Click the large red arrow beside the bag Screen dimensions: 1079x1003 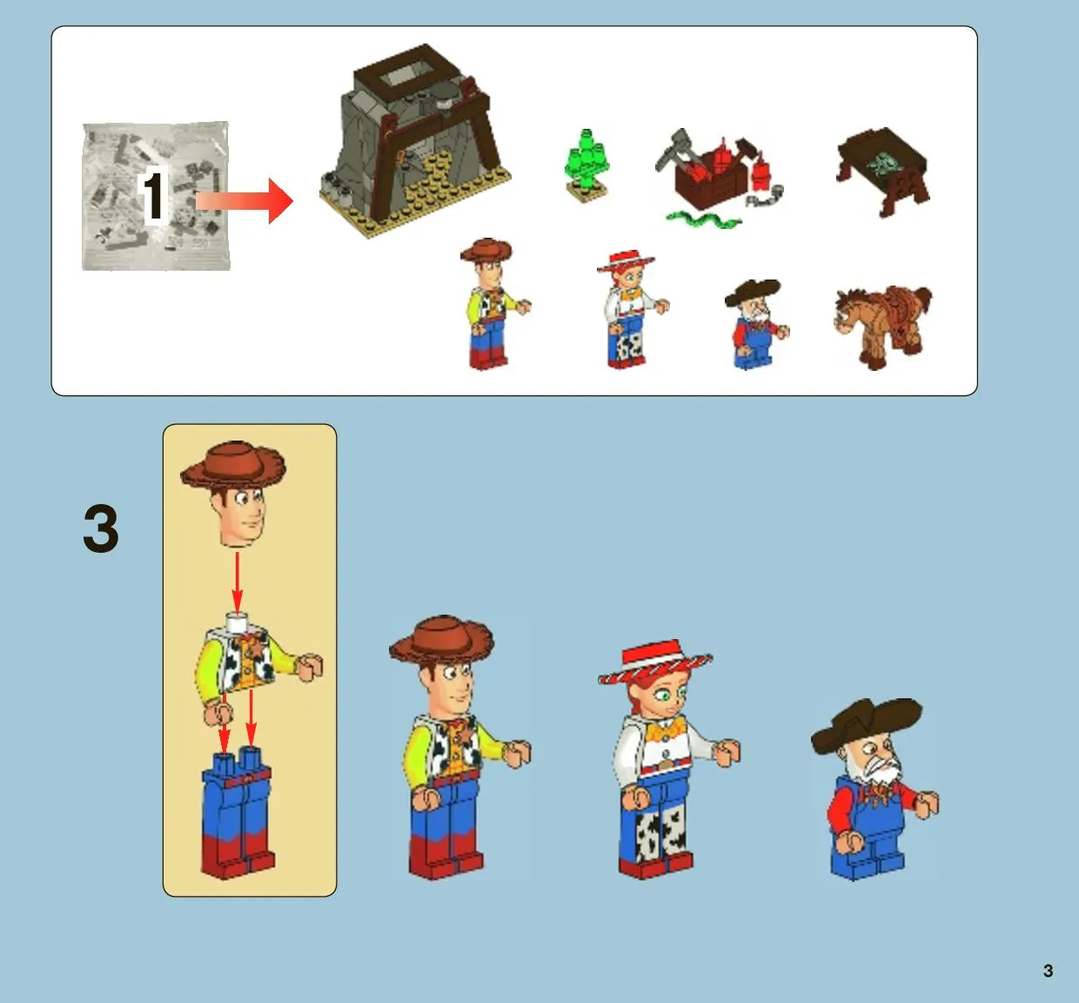[245, 200]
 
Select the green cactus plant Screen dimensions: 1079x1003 [586, 165]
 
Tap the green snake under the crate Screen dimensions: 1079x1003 [703, 219]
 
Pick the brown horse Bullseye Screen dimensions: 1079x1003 [881, 326]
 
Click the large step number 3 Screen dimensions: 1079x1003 [101, 528]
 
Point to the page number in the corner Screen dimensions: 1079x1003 [1048, 971]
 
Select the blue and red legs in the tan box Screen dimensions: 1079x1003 [238, 811]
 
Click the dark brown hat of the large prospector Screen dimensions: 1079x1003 [866, 723]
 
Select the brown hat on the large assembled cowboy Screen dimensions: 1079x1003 [441, 640]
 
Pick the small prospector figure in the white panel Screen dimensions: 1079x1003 [756, 324]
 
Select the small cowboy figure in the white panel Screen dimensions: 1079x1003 [493, 304]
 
